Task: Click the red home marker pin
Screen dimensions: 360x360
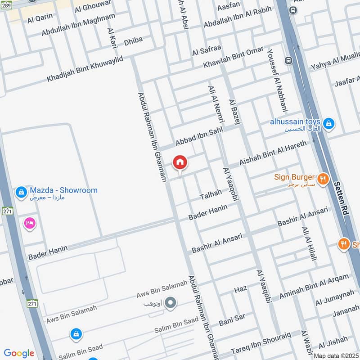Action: pyautogui.click(x=180, y=162)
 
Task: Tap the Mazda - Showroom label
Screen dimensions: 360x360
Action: pyautogui.click(x=63, y=190)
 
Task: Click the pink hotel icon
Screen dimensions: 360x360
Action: pyautogui.click(x=30, y=223)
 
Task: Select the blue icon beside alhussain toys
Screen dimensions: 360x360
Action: pyautogui.click(x=329, y=122)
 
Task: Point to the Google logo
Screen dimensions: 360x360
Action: pyautogui.click(x=19, y=353)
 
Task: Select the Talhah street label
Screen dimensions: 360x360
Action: pyautogui.click(x=211, y=194)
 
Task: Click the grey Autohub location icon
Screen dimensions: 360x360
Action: pyautogui.click(x=170, y=304)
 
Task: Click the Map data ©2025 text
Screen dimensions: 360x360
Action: pyautogui.click(x=336, y=355)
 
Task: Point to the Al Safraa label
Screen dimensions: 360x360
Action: pyautogui.click(x=207, y=51)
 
